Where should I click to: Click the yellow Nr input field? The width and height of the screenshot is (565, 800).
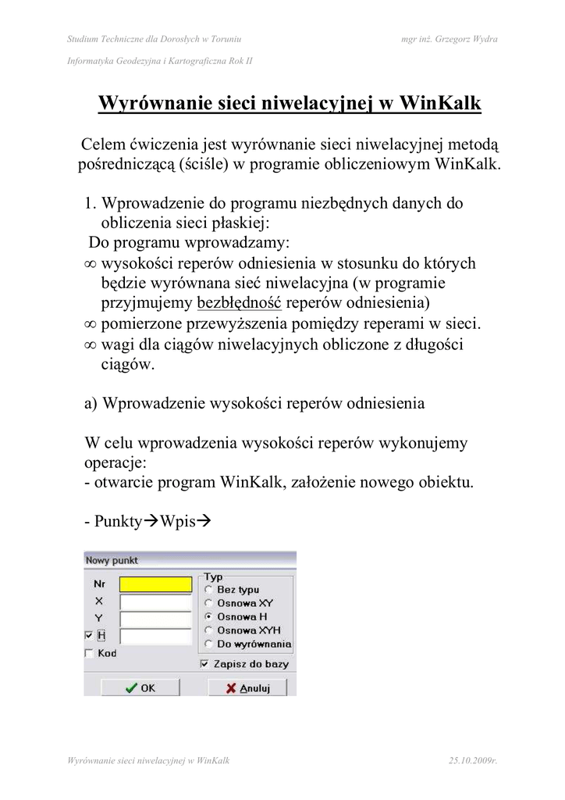[155, 584]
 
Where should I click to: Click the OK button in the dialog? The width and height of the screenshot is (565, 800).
[140, 688]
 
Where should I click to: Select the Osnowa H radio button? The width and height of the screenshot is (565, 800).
[208, 616]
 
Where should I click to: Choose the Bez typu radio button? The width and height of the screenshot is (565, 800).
[208, 590]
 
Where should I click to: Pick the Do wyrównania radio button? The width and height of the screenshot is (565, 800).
[208, 644]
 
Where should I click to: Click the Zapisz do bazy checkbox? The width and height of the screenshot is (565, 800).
[204, 664]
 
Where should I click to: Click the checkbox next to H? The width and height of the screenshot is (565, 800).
[88, 636]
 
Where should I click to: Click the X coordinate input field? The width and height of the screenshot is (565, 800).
[155, 602]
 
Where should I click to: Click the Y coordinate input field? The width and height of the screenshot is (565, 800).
[155, 619]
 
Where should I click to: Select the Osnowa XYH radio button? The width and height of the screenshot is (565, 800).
[208, 630]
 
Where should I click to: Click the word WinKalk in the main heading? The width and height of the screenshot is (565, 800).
[442, 104]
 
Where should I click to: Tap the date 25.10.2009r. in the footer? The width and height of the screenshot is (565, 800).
[474, 759]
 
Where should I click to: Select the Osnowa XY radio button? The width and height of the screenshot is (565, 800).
[208, 603]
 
